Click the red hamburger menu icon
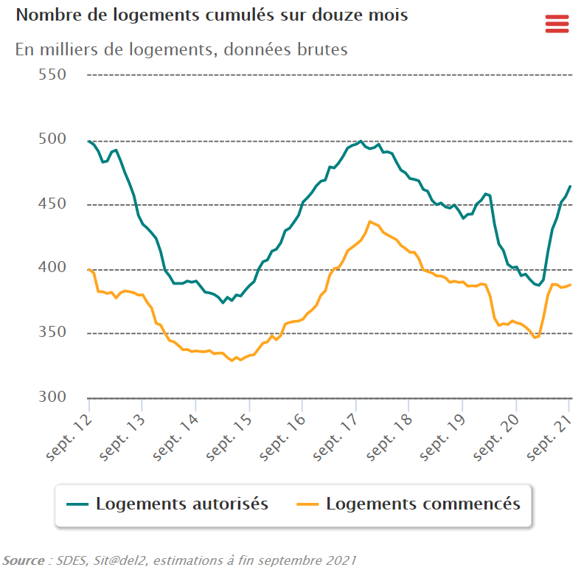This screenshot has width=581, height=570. (x=557, y=24)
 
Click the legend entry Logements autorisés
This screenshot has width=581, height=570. (x=181, y=504)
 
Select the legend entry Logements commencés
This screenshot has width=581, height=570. (x=422, y=504)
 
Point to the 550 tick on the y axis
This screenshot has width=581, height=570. (x=52, y=74)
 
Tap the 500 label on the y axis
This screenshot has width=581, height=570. (x=52, y=139)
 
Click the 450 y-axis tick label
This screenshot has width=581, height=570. (x=52, y=204)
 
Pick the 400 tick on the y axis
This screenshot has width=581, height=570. (x=52, y=268)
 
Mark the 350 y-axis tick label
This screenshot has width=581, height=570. (x=52, y=333)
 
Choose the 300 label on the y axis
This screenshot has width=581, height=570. (x=52, y=397)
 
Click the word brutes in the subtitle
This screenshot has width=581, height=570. (x=321, y=49)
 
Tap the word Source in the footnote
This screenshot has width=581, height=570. (x=23, y=560)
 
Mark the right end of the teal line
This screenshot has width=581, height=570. (x=570, y=187)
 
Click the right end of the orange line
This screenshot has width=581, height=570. (x=570, y=285)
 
